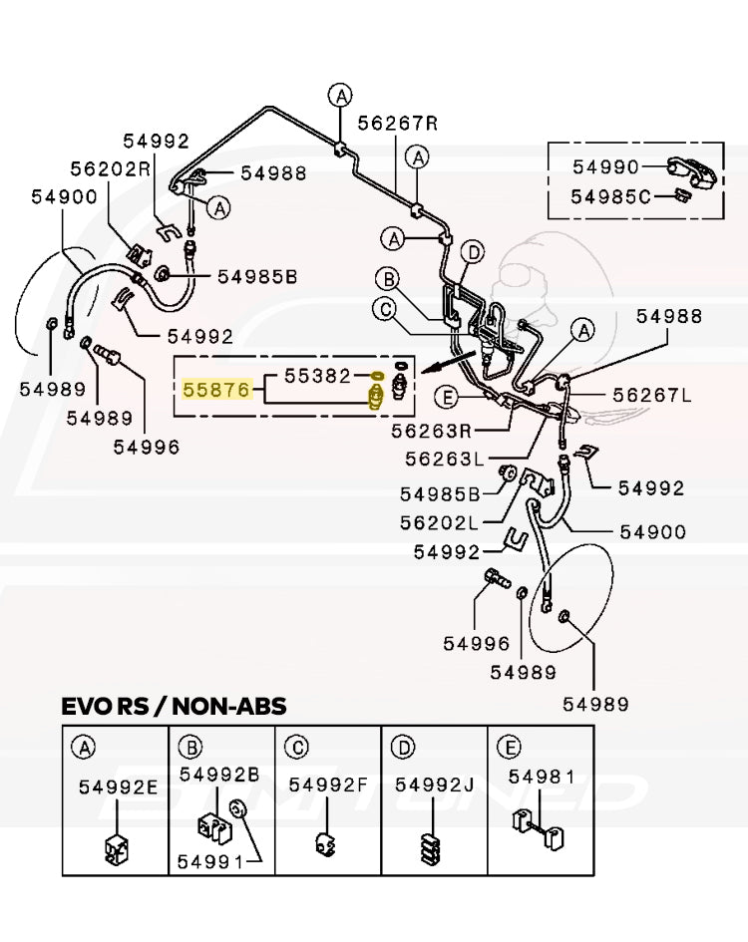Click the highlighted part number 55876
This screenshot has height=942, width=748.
214,390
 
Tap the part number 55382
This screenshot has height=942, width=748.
318,377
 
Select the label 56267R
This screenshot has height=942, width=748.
398,123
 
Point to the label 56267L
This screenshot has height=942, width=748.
651,395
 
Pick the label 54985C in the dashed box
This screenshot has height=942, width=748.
610,196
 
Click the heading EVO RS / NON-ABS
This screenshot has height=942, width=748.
174,707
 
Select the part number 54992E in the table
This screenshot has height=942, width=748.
119,786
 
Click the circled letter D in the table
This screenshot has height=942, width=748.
402,746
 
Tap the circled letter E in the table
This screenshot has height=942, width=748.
508,746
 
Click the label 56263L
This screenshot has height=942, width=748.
444,460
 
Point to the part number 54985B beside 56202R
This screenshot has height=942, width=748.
257,277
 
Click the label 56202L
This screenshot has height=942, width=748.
439,522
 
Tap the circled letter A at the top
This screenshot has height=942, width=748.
341,96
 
